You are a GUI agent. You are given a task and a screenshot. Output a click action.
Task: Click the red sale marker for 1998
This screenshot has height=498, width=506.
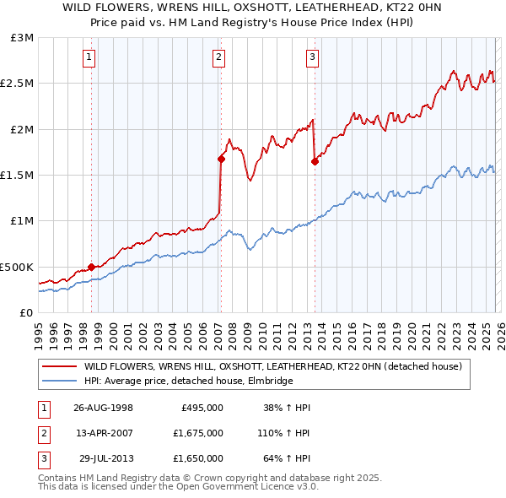click(92, 267)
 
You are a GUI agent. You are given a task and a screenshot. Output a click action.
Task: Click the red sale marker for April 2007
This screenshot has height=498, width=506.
click(221, 159)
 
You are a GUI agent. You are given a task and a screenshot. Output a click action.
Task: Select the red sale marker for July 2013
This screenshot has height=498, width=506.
click(315, 161)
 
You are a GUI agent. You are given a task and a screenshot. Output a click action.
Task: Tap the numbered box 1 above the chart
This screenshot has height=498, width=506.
click(89, 57)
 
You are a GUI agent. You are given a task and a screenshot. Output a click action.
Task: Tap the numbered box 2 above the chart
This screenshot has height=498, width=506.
click(218, 57)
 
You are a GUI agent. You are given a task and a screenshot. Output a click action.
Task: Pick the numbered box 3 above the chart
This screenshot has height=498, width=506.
click(312, 57)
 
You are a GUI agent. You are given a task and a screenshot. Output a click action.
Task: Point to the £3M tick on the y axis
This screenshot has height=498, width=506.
click(23, 38)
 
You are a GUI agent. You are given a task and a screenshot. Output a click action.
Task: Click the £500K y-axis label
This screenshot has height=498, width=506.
click(18, 267)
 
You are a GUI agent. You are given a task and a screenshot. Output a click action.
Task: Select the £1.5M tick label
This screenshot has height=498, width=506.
click(18, 176)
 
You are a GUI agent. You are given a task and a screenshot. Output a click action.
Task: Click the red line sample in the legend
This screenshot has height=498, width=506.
click(59, 367)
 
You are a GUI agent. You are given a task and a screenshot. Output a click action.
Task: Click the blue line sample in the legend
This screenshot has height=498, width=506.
click(59, 382)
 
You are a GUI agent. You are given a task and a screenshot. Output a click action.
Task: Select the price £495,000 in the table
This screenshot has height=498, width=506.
click(202, 407)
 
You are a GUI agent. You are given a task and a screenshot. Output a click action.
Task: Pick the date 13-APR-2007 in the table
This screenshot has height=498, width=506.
click(103, 433)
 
